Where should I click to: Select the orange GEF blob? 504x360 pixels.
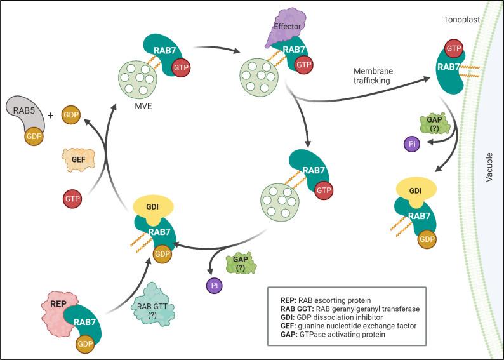pyautogui.click(x=73, y=156)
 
